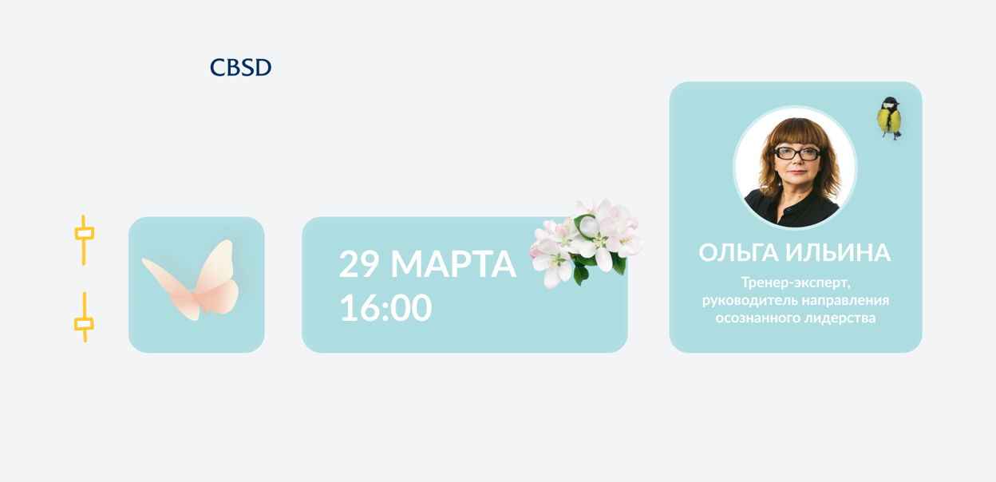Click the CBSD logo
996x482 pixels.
click(x=240, y=67)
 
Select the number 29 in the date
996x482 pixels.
click(x=359, y=264)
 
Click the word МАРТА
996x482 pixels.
click(x=453, y=264)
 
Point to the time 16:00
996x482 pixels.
click(x=385, y=307)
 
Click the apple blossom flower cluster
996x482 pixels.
click(x=586, y=243)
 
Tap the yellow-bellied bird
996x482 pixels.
click(x=889, y=118)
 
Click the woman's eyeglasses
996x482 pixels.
click(x=797, y=154)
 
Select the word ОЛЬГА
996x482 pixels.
click(x=738, y=252)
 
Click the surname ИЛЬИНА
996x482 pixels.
click(x=838, y=252)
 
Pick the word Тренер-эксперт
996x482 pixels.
click(x=796, y=282)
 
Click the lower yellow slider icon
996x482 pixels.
click(x=84, y=317)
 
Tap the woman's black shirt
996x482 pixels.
click(x=792, y=209)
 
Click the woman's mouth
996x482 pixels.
click(x=796, y=172)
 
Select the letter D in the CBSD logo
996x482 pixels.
click(x=263, y=68)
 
